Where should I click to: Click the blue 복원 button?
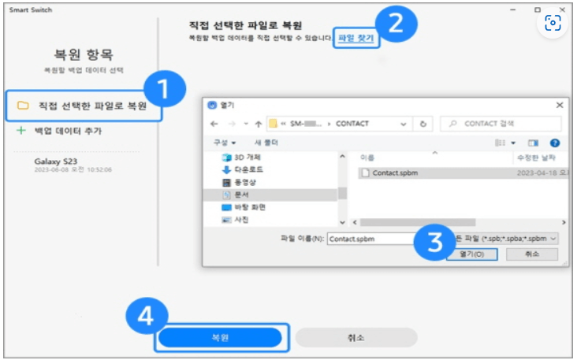[219, 337]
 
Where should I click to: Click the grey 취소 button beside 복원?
[356, 337]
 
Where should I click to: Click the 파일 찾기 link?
[356, 37]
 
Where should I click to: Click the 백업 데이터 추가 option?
[67, 130]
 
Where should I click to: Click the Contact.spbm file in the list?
[395, 173]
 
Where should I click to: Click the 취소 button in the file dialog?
[534, 254]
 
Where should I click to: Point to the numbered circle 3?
[434, 240]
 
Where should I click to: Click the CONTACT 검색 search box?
[505, 124]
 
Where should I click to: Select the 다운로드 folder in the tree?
[249, 169]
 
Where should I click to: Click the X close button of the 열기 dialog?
[559, 104]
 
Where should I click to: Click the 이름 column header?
[367, 158]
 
